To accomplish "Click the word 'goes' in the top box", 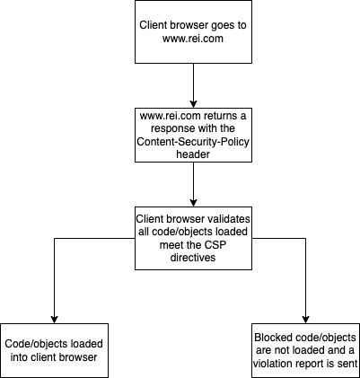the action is (x=215, y=25).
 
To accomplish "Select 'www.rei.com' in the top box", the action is (x=193, y=39).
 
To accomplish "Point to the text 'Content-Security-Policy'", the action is (x=193, y=142).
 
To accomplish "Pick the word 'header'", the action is (x=193, y=154).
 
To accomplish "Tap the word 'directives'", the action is (x=193, y=258).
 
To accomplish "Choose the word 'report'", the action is (x=309, y=365).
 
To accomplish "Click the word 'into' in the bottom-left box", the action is (x=19, y=357).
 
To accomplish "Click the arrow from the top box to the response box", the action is (x=193, y=85).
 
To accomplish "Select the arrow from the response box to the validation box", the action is (x=193, y=184).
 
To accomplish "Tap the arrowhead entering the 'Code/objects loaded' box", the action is (x=54, y=320).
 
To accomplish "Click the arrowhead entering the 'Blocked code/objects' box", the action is (x=305, y=320).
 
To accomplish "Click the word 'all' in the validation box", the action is (x=145, y=232).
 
